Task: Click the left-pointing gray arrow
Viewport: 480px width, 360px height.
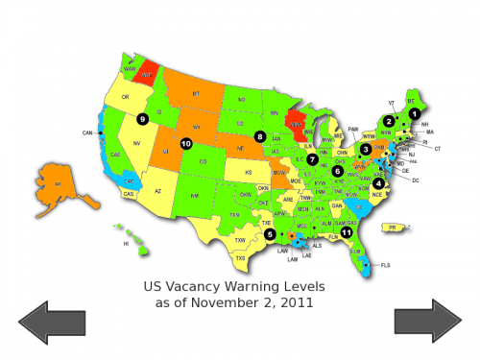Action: pyautogui.click(x=52, y=321)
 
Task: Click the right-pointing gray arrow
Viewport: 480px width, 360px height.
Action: pyautogui.click(x=428, y=321)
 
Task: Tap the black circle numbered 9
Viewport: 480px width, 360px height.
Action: pyautogui.click(x=142, y=119)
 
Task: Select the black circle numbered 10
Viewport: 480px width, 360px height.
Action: pyautogui.click(x=186, y=144)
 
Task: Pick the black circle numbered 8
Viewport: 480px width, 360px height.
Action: pyautogui.click(x=260, y=136)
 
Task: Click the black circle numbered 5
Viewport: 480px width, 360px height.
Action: pyautogui.click(x=270, y=233)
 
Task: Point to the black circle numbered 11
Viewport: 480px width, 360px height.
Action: pyautogui.click(x=347, y=231)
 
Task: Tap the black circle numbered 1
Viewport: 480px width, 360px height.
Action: pyautogui.click(x=415, y=113)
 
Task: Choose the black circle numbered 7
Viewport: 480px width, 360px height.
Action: pyautogui.click(x=312, y=158)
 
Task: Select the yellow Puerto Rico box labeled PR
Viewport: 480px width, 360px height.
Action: pyautogui.click(x=391, y=228)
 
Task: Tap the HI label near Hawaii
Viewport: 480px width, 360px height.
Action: pyautogui.click(x=126, y=244)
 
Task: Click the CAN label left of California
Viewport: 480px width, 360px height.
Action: pyautogui.click(x=87, y=132)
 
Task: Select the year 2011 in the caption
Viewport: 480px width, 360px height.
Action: pyautogui.click(x=298, y=302)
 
